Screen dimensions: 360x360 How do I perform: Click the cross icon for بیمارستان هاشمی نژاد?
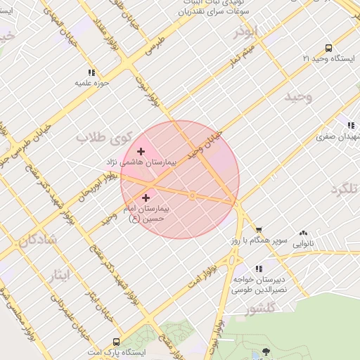(x=141, y=151)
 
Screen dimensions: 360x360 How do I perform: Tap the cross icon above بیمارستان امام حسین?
(x=147, y=198)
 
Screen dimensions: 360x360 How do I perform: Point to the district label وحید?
(x=297, y=97)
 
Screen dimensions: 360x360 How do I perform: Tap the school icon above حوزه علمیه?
(x=91, y=72)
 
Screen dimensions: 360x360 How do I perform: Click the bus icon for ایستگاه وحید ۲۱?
(x=328, y=48)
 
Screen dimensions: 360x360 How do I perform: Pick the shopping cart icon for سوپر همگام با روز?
(x=259, y=229)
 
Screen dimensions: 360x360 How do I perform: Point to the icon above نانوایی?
(x=303, y=233)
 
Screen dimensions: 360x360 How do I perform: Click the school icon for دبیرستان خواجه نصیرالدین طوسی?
(x=259, y=269)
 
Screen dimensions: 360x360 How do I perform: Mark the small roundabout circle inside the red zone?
(x=192, y=195)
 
